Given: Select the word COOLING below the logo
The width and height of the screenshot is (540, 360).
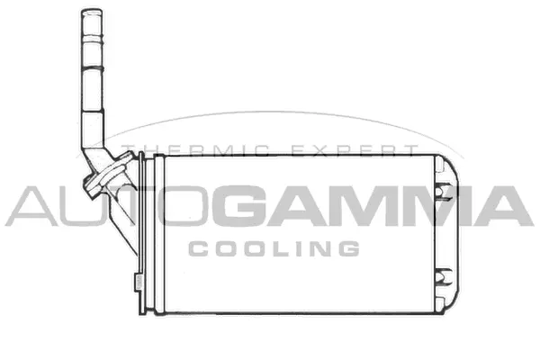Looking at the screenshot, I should coord(275,247).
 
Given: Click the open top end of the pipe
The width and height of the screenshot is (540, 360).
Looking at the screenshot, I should coord(92,13).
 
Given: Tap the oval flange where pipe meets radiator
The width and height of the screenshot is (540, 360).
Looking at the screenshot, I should coord(106,175).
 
